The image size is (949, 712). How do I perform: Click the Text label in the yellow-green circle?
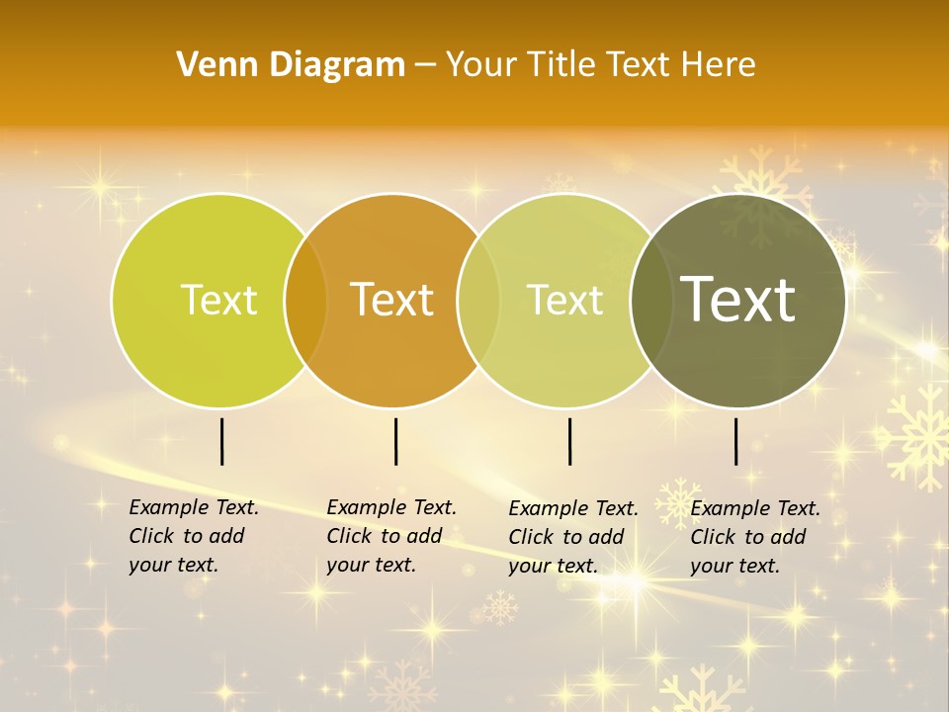218,300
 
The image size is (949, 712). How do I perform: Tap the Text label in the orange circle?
392,300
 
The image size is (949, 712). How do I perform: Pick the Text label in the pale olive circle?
564,300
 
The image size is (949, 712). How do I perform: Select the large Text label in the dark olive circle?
738,300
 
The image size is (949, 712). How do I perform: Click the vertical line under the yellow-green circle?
222,441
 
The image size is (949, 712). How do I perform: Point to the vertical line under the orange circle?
395,441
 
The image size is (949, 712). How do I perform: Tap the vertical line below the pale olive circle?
570,441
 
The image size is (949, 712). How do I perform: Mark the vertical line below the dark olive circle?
736,441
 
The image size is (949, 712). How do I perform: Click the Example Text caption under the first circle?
193,536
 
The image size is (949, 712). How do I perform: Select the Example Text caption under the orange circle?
390,536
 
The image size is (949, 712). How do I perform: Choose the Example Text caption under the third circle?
572,537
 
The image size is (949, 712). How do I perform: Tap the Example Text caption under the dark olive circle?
754,537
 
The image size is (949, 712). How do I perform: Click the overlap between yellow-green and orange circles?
305,300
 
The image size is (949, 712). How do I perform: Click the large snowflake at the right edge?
915,435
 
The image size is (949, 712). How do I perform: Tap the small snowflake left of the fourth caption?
677,500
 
